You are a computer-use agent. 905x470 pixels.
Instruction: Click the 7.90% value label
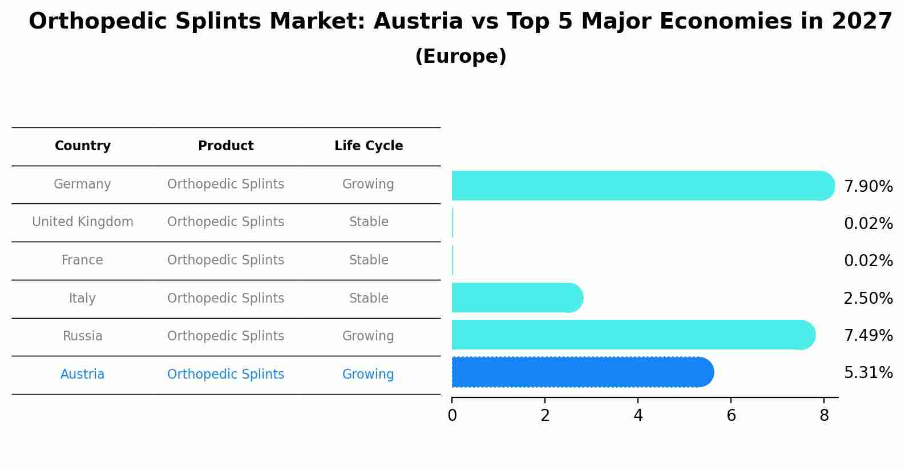(868, 187)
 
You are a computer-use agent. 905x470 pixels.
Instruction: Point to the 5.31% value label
(868, 373)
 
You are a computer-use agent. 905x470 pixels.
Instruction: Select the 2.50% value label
(868, 299)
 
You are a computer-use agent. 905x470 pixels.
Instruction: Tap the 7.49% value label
(868, 336)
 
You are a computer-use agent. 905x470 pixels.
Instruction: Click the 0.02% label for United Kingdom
(868, 224)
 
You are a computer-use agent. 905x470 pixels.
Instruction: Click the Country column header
(83, 146)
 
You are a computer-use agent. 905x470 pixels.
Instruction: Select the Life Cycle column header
(369, 146)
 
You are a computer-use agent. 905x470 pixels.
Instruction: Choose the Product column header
(226, 146)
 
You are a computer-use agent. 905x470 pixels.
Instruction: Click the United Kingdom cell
(83, 222)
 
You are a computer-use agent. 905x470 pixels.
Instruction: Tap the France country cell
(82, 260)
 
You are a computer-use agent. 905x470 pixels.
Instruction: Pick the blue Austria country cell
(82, 375)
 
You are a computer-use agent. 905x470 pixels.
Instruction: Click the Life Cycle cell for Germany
(368, 184)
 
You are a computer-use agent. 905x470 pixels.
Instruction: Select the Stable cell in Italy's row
(369, 299)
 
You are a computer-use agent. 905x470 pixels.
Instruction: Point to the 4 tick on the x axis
(638, 416)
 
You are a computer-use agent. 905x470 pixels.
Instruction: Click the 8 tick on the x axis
(824, 416)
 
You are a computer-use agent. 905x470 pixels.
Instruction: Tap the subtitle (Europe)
(460, 57)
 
